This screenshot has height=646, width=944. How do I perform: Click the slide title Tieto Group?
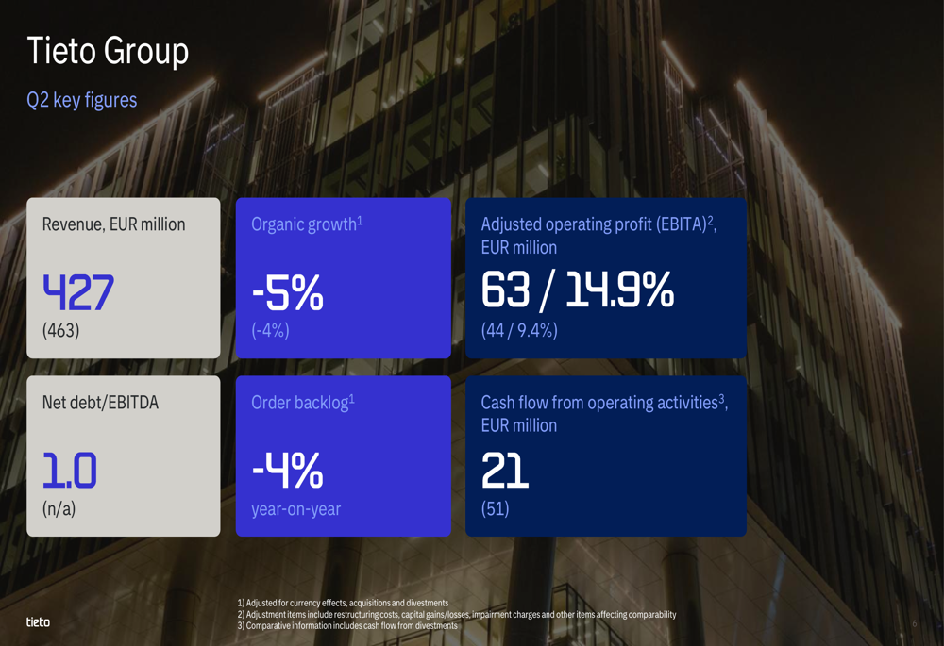click(108, 51)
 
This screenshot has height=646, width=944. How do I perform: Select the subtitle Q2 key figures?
click(82, 100)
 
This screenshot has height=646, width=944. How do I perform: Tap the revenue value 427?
click(78, 292)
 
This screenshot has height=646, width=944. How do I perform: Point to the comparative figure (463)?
click(60, 330)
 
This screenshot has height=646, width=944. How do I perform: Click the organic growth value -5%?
click(288, 293)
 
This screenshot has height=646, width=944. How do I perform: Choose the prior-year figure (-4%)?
click(270, 330)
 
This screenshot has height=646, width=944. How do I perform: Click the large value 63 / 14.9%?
click(578, 290)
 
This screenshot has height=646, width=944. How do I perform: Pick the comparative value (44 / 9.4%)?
click(519, 330)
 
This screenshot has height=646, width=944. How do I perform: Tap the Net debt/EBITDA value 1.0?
click(69, 471)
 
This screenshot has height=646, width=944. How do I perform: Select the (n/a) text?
click(59, 509)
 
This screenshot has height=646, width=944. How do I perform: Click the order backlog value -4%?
click(288, 471)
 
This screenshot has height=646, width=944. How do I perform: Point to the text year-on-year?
click(296, 509)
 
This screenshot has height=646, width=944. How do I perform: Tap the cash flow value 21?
click(504, 471)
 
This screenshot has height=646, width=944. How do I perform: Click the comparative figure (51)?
click(496, 509)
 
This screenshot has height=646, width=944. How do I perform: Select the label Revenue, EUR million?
click(114, 225)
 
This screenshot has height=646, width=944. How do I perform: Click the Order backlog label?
click(303, 403)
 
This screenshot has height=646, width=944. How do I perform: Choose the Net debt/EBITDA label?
click(101, 403)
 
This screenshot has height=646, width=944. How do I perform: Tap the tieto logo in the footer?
click(38, 621)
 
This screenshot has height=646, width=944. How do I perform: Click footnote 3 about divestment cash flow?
click(347, 625)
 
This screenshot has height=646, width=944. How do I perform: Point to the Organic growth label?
click(307, 224)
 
